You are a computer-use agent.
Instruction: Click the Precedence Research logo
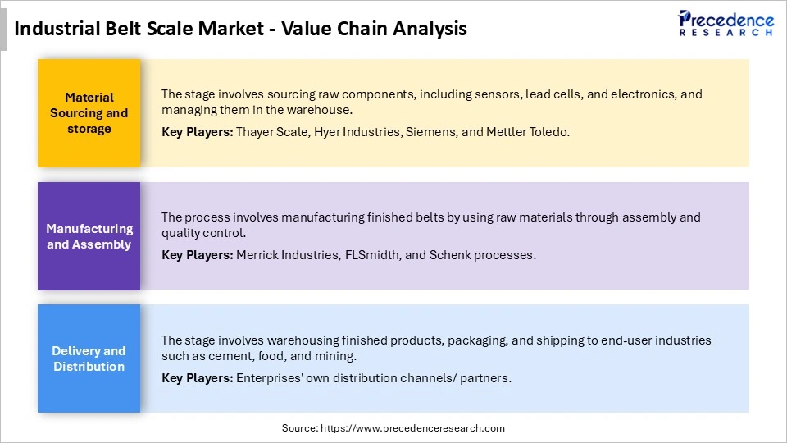point(726,22)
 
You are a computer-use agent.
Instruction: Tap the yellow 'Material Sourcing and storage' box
point(89,113)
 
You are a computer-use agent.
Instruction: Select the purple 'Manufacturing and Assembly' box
point(89,236)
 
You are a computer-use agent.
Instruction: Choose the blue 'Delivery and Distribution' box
point(89,359)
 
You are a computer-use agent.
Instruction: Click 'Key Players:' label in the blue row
point(198,378)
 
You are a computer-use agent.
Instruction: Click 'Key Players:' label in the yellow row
point(198,131)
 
